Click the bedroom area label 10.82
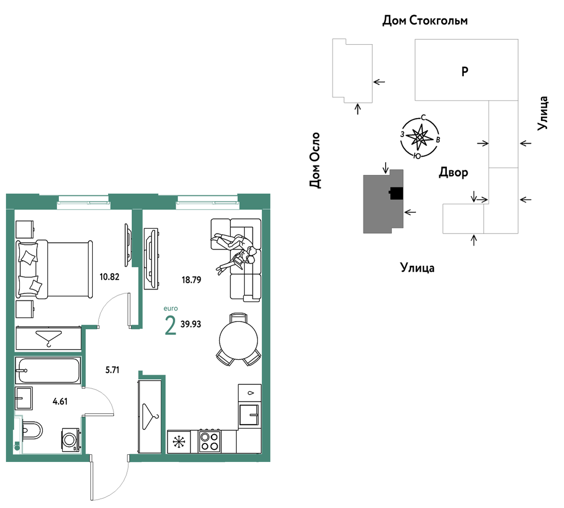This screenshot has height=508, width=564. point(109,277)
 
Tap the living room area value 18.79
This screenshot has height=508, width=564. point(191,280)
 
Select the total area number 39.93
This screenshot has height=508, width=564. point(191,324)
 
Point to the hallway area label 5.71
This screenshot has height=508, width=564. point(112,370)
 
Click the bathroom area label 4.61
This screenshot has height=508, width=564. point(60,401)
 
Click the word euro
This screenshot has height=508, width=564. point(170,308)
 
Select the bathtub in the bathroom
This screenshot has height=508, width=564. point(48,370)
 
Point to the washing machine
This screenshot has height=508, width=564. point(71,439)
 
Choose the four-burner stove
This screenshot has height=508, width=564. point(209,441)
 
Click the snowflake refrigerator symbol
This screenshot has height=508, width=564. point(179,442)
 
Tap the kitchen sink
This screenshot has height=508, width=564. point(249,415)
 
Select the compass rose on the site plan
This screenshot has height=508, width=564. point(420,137)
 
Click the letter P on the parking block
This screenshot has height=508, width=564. point(465,71)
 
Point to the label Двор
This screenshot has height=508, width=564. point(453,173)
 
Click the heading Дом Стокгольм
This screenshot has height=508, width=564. point(425,21)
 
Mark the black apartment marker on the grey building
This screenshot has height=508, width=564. point(396,194)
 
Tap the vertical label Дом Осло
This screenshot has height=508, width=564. point(315,160)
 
